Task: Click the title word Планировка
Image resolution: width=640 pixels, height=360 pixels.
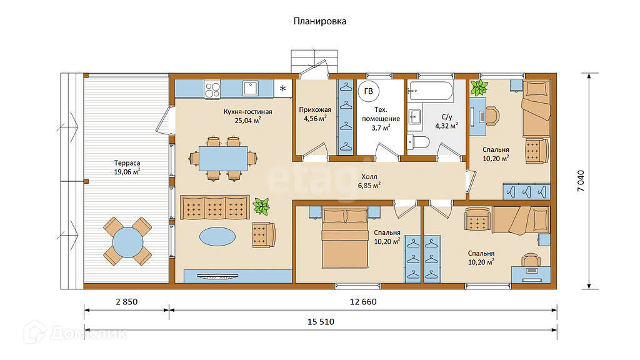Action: [x=320, y=21]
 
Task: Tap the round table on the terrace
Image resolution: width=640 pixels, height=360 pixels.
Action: [x=127, y=242]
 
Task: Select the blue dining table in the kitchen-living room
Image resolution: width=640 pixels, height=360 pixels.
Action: [x=223, y=158]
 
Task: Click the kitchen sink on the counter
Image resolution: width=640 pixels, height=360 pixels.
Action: [x=250, y=89]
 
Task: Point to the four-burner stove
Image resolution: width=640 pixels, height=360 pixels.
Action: [x=212, y=89]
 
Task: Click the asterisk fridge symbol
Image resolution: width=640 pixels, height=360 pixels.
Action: [x=283, y=89]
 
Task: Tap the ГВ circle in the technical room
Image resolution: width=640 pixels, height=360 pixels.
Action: [x=369, y=91]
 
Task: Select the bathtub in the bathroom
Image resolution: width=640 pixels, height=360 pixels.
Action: [x=430, y=91]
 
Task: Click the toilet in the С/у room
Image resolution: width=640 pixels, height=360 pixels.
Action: [x=418, y=142]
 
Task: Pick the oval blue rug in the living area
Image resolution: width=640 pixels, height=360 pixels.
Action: [x=217, y=236]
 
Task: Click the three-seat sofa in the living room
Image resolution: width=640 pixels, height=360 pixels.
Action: [x=215, y=207]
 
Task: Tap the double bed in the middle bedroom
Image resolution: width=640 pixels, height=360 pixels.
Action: [x=345, y=238]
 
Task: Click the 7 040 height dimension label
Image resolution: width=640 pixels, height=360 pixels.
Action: [x=581, y=181]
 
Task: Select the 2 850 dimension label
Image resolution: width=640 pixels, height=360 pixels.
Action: [x=127, y=302]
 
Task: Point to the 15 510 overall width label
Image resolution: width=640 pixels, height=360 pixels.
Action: [x=321, y=322]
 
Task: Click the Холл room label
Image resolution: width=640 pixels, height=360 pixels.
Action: [x=369, y=177]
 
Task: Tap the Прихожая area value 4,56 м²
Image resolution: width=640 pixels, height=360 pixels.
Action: [x=315, y=119]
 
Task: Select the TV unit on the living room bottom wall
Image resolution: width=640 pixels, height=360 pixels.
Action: [x=237, y=276]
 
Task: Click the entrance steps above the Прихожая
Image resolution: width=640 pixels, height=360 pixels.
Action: [x=314, y=61]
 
